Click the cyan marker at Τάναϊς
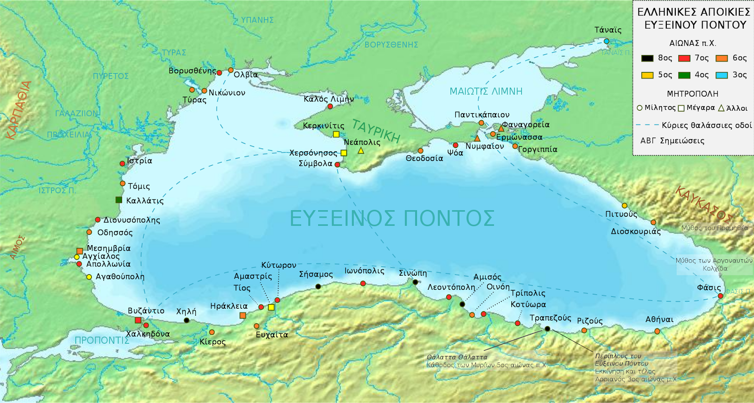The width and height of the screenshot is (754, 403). point(606,41)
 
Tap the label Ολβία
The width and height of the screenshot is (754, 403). point(246,74)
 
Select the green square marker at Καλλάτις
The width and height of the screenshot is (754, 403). point(119,200)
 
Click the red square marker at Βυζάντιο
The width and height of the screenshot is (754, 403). point(138,321)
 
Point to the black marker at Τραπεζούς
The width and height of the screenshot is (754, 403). point(547,329)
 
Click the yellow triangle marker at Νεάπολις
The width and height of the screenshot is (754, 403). point(361,151)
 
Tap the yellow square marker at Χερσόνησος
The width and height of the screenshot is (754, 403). point(344,153)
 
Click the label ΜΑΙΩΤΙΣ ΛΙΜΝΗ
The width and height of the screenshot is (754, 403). point(486,91)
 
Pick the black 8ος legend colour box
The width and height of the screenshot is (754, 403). point(647,58)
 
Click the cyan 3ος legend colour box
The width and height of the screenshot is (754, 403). point(721,75)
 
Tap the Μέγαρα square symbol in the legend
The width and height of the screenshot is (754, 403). point(681,108)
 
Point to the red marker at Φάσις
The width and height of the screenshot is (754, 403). point(721,296)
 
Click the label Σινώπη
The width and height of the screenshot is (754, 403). point(413,273)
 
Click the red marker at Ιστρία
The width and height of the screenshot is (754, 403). point(123,164)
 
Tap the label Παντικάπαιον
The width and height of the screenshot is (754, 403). point(482,115)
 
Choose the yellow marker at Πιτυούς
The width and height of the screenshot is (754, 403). point(624,206)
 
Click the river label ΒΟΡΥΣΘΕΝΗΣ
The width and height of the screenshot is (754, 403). point(391,45)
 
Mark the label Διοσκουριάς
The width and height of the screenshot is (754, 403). point(636,231)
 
